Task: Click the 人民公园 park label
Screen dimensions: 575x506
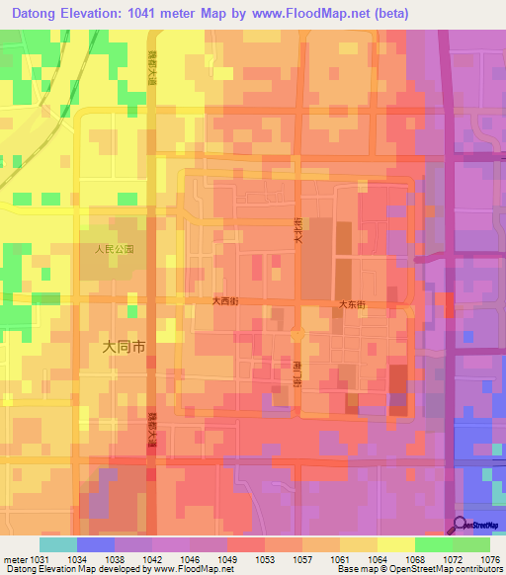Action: tap(114, 250)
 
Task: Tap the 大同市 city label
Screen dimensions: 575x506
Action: tap(125, 347)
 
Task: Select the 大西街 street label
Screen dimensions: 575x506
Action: tap(225, 300)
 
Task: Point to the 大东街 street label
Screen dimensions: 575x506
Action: tap(353, 305)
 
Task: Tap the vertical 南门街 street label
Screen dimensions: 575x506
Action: tap(296, 372)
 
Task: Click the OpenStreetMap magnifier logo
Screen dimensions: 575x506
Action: tap(461, 526)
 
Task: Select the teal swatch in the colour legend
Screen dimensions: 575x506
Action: tap(57, 544)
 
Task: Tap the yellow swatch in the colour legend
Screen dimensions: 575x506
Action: tap(395, 544)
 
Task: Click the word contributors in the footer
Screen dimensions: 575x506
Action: tap(479, 568)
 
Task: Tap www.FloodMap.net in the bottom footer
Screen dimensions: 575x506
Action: tap(189, 568)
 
